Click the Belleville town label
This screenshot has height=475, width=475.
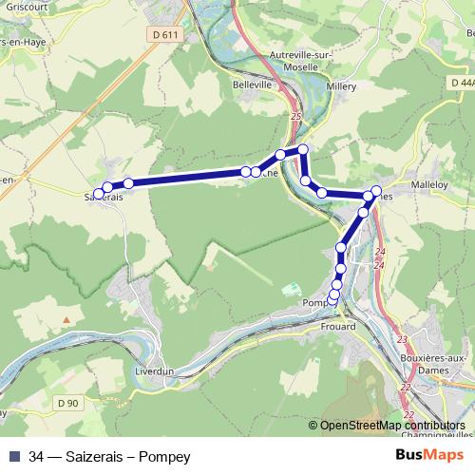point(252,85)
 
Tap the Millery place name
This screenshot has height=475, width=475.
point(340,85)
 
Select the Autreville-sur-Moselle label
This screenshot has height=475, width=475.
point(300,61)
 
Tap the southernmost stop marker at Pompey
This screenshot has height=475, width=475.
point(332,301)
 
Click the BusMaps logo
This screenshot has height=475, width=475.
point(436,456)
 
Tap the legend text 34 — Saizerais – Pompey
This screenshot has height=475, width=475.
point(109,457)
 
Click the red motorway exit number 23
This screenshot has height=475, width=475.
point(402,339)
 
